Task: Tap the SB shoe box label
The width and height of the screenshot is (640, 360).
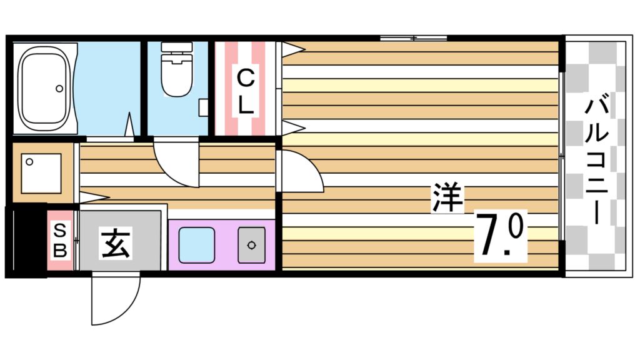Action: tap(61, 240)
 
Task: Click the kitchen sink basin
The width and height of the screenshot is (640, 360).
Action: tap(196, 245)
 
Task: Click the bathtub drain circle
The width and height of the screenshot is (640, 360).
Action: tap(61, 87)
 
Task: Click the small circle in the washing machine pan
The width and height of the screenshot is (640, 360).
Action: tap(29, 161)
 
